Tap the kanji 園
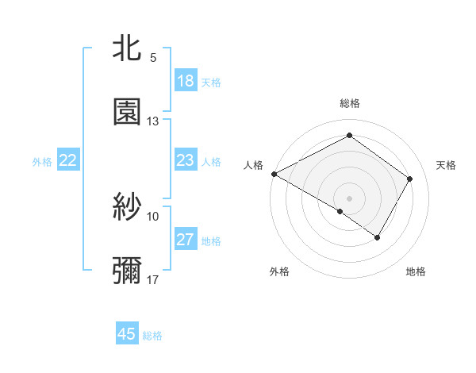tap(127, 113)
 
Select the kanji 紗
tap(127, 208)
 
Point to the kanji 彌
tap(127, 271)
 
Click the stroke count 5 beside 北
tap(153, 58)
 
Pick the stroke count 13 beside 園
tap(153, 121)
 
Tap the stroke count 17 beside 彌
tap(153, 280)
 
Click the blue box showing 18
tap(186, 81)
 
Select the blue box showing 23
tap(186, 160)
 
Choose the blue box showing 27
tap(186, 240)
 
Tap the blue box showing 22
tap(68, 160)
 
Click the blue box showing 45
tap(127, 334)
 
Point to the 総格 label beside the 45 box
tap(152, 336)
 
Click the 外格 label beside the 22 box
tap(42, 161)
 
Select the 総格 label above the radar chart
tap(350, 103)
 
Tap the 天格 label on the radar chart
tap(447, 165)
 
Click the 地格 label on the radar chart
tap(416, 272)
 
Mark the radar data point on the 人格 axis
tap(274, 174)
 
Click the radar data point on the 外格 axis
tap(340, 212)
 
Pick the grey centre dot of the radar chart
tap(350, 198)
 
